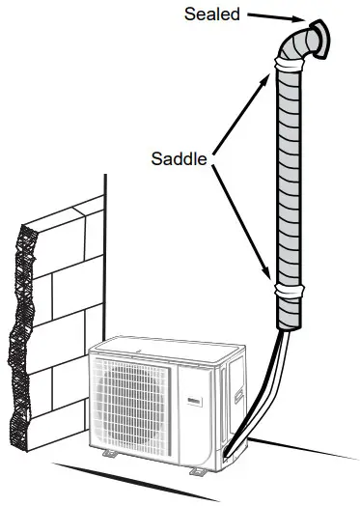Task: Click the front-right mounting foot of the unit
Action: tap(197, 469)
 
